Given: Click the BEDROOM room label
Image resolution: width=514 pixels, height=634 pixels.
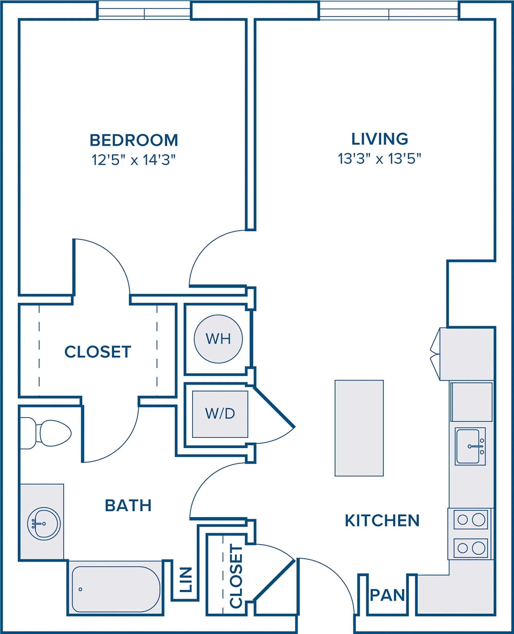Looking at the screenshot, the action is pos(134,140).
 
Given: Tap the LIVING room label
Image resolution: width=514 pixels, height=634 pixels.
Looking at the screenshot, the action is pos(380,139).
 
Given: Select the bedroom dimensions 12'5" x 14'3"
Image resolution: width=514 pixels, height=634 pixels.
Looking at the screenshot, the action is pos(134,160).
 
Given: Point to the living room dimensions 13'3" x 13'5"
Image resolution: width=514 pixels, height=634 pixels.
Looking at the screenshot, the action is pos(380,159).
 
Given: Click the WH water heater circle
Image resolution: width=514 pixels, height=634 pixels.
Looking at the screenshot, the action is pos(218,339).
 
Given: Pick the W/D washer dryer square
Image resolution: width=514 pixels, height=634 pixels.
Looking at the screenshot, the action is pos(220,414).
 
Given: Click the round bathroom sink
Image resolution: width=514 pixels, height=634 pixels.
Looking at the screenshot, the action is pos(44,524).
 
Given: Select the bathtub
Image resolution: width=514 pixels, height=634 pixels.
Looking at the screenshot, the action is pos(116,589).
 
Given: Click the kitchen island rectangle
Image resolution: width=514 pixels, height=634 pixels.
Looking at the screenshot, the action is pos(359,428).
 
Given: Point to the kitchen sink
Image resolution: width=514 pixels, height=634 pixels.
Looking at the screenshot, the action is pos(470,446).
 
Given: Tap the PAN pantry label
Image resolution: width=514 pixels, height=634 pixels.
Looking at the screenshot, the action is pos(387,595).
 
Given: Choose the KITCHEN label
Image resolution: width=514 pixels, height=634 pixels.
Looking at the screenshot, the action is pos(382,521).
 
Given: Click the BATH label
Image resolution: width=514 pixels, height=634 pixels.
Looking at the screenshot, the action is pos(128,505).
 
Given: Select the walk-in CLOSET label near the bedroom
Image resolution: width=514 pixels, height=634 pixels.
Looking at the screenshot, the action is pos(98,352).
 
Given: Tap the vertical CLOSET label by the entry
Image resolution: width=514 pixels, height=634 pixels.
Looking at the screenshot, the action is pos(236,576).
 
